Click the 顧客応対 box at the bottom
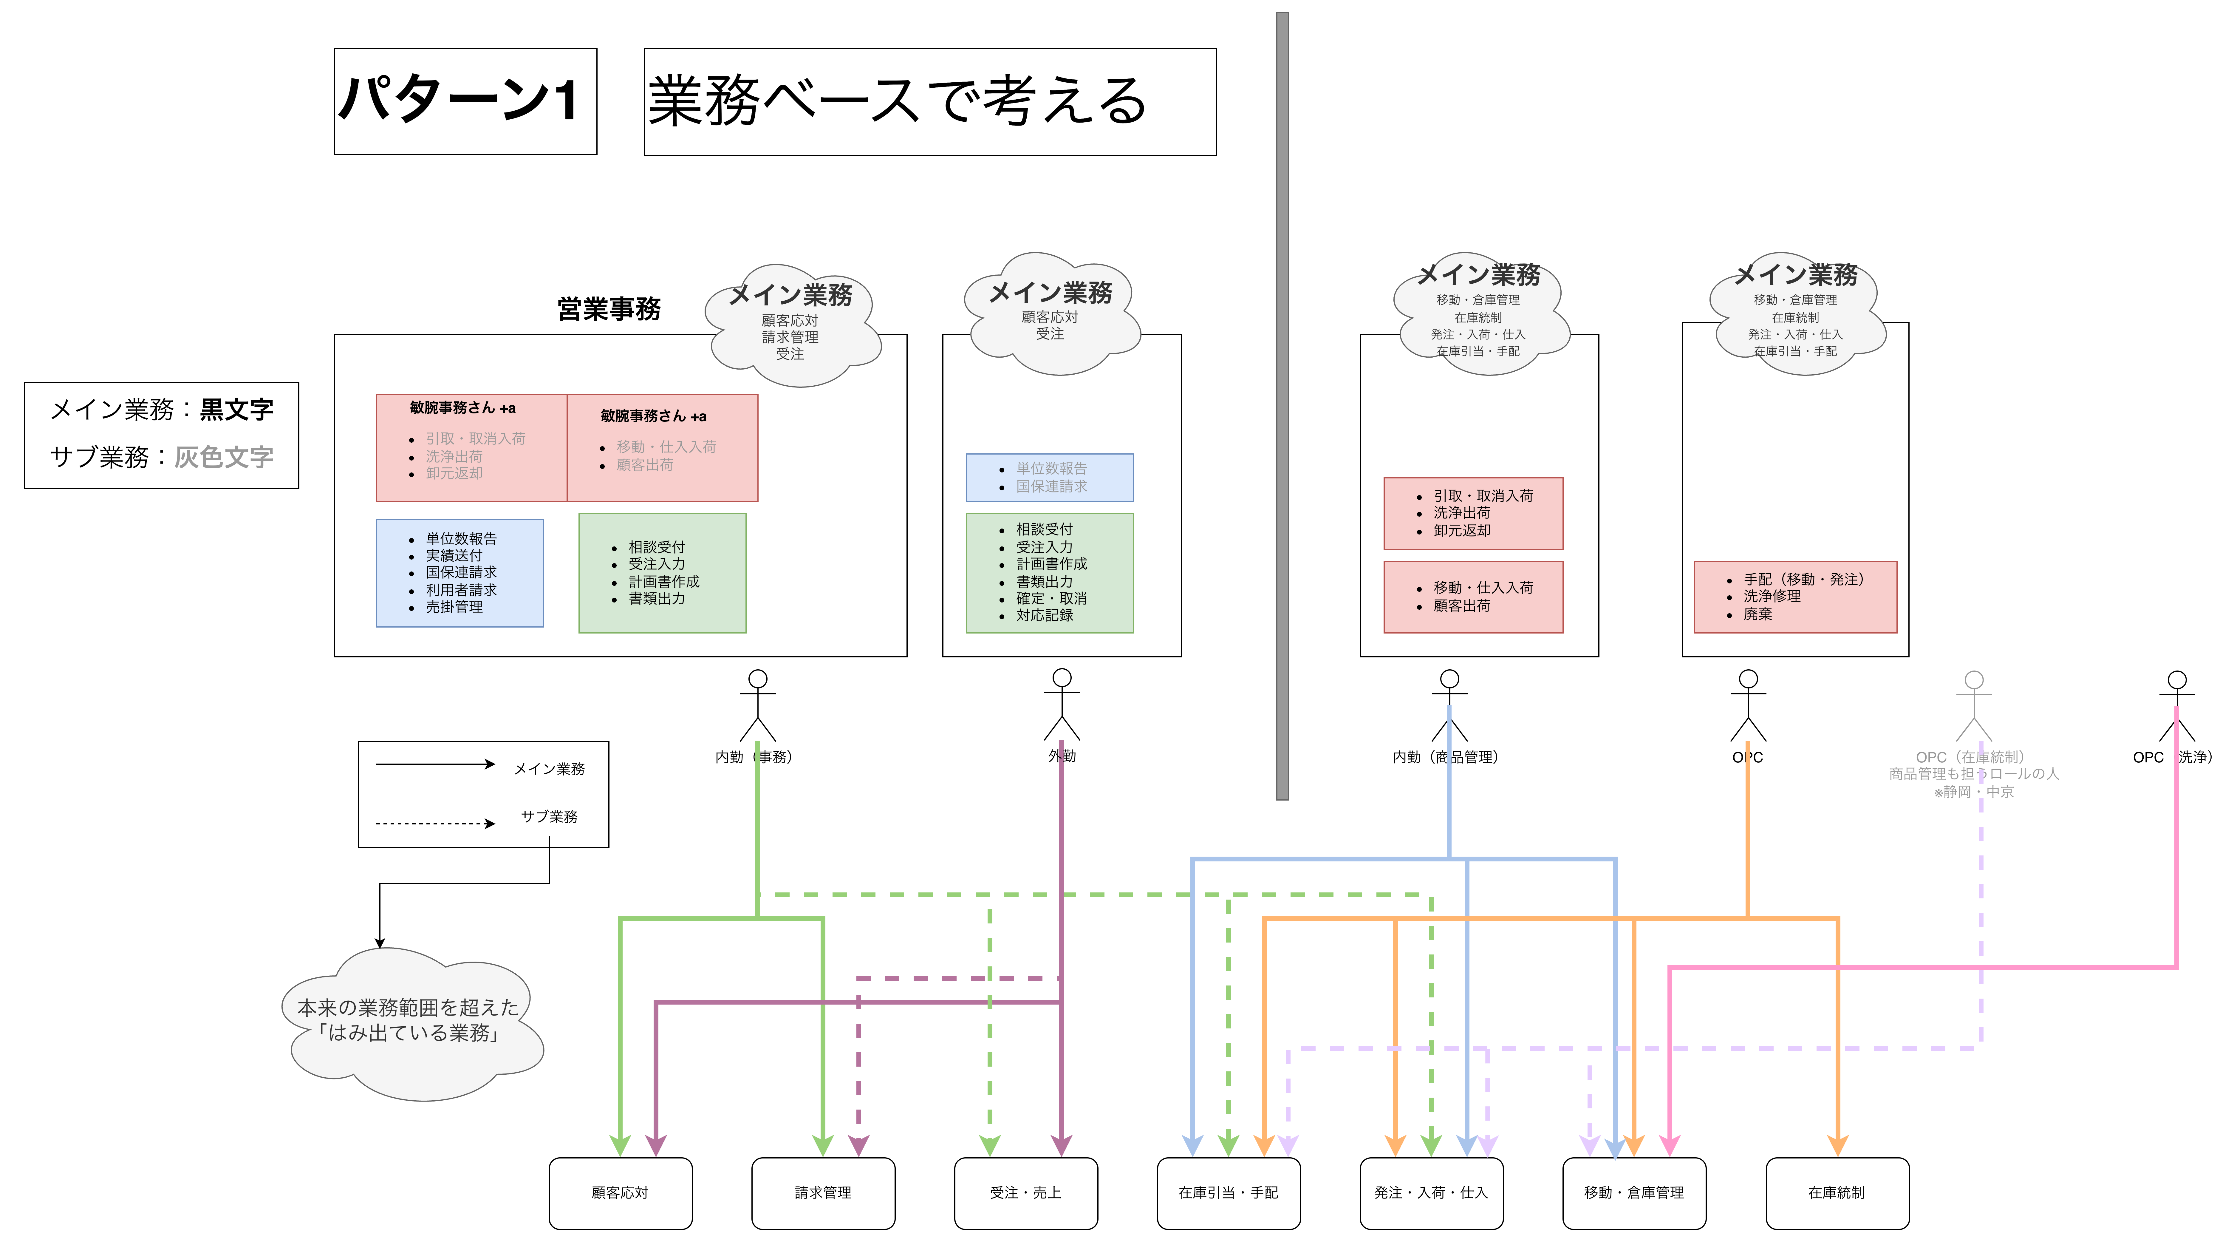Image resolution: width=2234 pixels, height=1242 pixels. point(620,1192)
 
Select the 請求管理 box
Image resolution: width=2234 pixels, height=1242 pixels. point(823,1192)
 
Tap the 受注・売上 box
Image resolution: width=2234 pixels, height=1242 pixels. point(1026,1192)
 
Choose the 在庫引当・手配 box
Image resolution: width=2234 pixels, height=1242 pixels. point(1228,1192)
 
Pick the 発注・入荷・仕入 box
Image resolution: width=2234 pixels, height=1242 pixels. point(1431,1192)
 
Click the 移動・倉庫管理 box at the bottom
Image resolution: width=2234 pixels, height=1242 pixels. point(1634,1192)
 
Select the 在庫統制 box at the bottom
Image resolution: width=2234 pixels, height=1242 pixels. point(1837,1192)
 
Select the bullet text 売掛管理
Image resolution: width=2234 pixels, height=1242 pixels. point(454,607)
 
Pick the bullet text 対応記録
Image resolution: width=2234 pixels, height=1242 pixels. point(1045,615)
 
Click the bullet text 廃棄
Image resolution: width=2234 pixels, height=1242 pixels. point(1758,614)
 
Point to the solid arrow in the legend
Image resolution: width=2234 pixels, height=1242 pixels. point(435,764)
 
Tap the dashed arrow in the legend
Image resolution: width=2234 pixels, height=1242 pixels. point(435,823)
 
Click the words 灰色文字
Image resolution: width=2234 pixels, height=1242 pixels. point(224,457)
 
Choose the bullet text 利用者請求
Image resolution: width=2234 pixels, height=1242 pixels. point(461,590)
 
